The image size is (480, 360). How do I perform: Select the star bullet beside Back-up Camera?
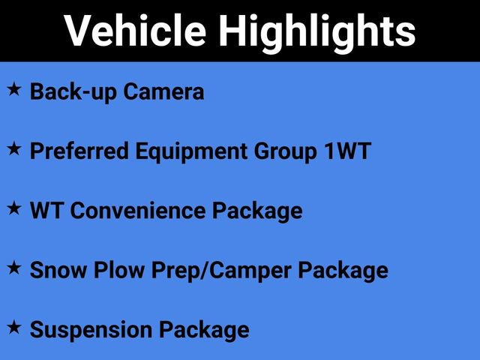pyautogui.click(x=14, y=90)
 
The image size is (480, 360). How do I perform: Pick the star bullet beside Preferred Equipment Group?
pyautogui.click(x=14, y=149)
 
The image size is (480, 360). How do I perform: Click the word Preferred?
pyautogui.click(x=80, y=151)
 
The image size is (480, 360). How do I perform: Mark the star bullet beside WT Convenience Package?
pyautogui.click(x=14, y=208)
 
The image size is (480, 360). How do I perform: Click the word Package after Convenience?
pyautogui.click(x=257, y=211)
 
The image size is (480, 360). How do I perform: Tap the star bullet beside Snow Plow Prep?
pyautogui.click(x=14, y=268)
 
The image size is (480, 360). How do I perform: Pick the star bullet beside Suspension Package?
pyautogui.click(x=14, y=327)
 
